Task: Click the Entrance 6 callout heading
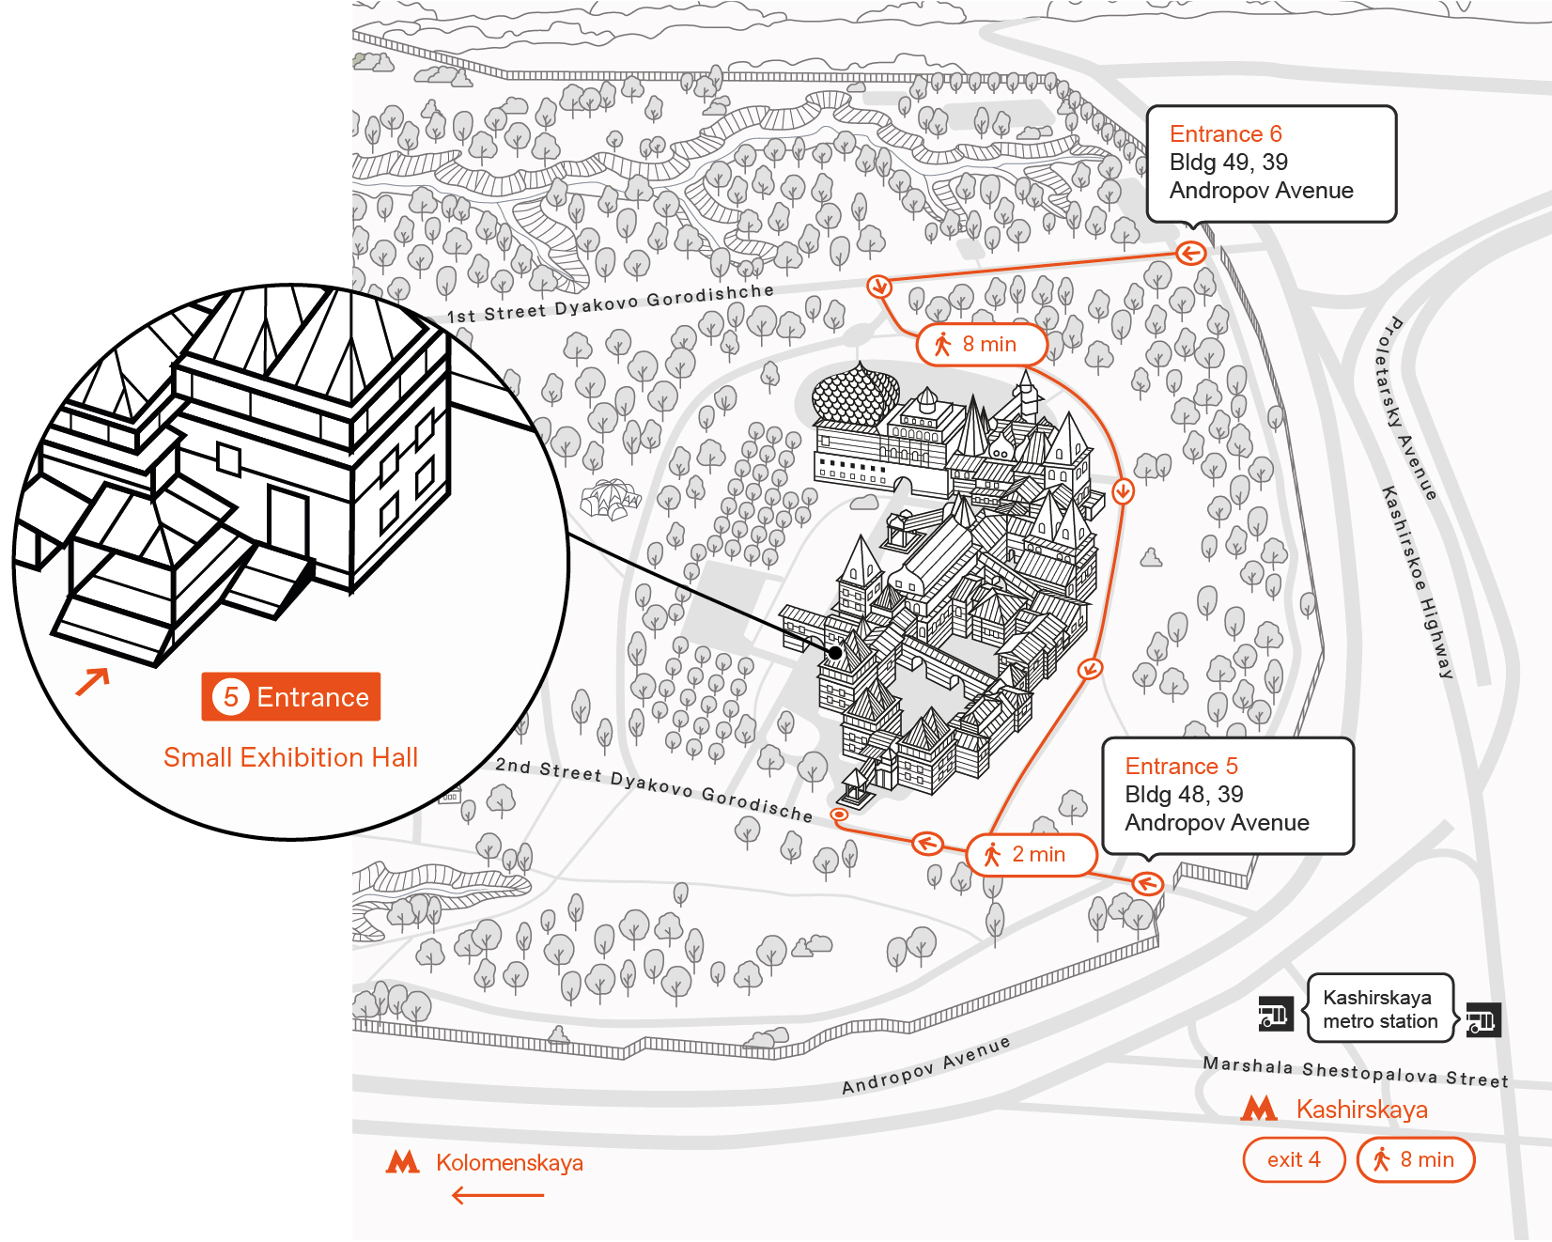click(x=1225, y=134)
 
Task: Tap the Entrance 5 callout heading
click(x=1181, y=767)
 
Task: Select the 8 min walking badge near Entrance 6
click(x=981, y=345)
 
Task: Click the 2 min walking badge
click(x=1031, y=855)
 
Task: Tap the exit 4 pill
click(x=1294, y=1160)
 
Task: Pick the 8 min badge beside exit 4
click(x=1416, y=1160)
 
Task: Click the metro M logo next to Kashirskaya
click(x=1259, y=1110)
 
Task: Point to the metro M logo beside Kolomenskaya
click(x=403, y=1163)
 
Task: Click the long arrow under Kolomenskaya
click(x=498, y=1196)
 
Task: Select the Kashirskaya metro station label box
click(x=1380, y=1009)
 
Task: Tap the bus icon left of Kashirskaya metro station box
click(x=1275, y=1015)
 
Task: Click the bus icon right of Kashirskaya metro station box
click(x=1482, y=1018)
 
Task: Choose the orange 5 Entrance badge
click(x=291, y=697)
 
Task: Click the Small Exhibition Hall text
click(x=290, y=758)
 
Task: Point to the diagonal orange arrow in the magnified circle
click(x=93, y=681)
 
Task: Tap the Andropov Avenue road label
click(x=925, y=1066)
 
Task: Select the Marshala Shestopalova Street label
click(x=1356, y=1072)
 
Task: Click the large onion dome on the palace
click(x=855, y=396)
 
